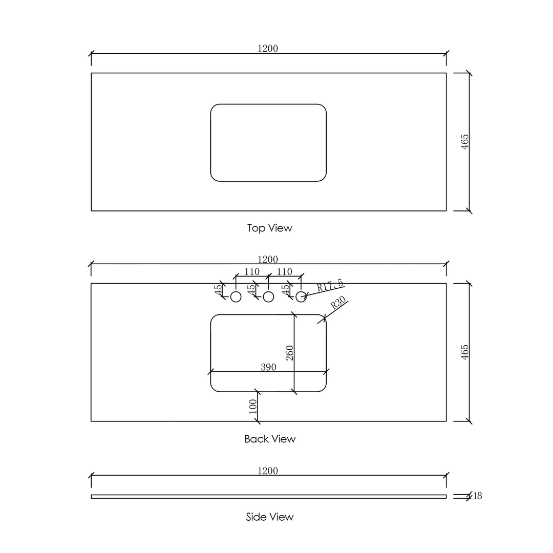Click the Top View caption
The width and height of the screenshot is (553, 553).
tap(269, 228)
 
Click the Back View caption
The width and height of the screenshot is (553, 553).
tap(270, 439)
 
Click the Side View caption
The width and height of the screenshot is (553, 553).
tap(270, 517)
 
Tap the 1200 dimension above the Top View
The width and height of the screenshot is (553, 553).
tap(267, 49)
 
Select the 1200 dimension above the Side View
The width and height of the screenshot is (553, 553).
tap(267, 471)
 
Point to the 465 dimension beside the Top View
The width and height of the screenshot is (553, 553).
tap(465, 142)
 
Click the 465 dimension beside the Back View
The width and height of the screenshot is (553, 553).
tap(465, 352)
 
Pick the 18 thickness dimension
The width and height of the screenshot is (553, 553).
tap(477, 496)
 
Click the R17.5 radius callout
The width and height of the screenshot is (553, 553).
tap(330, 285)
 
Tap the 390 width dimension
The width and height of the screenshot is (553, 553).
tap(268, 367)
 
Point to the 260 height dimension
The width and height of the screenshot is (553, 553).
tap(290, 353)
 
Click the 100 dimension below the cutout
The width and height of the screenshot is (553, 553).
tap(252, 407)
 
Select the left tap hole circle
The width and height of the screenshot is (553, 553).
tap(236, 296)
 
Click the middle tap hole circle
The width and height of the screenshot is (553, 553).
tap(268, 296)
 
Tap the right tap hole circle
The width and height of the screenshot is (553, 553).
tap(301, 296)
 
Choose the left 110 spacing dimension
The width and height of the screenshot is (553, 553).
tap(251, 272)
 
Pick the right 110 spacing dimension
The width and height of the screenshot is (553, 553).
tap(284, 272)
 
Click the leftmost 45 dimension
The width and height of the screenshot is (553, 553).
tap(219, 290)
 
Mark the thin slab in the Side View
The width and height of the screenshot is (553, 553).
tap(268, 496)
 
